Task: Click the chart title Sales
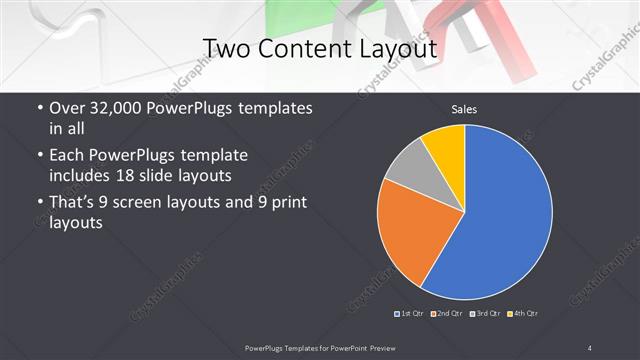(x=463, y=108)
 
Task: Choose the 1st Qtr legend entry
(x=410, y=314)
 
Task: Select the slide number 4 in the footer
(x=590, y=347)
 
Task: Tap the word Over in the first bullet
(x=68, y=108)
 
